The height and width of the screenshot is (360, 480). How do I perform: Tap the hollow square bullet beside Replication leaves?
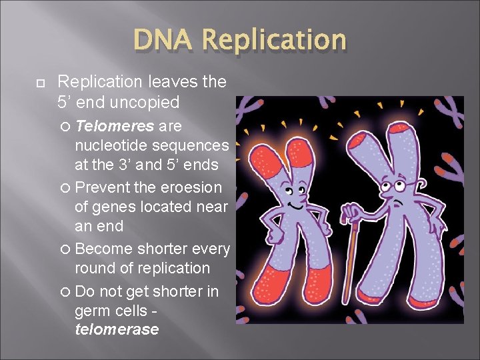click(x=39, y=82)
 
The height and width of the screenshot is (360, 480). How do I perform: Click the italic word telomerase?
click(x=117, y=329)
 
